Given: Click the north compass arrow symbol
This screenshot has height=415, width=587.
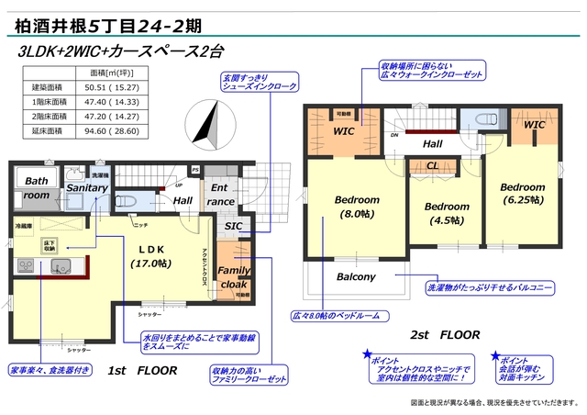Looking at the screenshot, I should (208, 121).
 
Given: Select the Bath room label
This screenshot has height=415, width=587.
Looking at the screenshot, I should (36, 188).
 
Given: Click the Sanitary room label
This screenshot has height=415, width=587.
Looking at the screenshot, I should (87, 188).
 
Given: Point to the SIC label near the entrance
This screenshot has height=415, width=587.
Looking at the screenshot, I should (232, 224).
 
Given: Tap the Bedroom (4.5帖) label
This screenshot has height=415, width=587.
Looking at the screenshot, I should (448, 213).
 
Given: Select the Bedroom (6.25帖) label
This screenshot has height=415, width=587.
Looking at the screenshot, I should (523, 194).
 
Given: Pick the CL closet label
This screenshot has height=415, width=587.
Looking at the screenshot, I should (432, 165).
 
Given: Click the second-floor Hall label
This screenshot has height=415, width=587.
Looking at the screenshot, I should (433, 144).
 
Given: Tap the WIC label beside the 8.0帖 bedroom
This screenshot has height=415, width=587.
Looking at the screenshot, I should (345, 131).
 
